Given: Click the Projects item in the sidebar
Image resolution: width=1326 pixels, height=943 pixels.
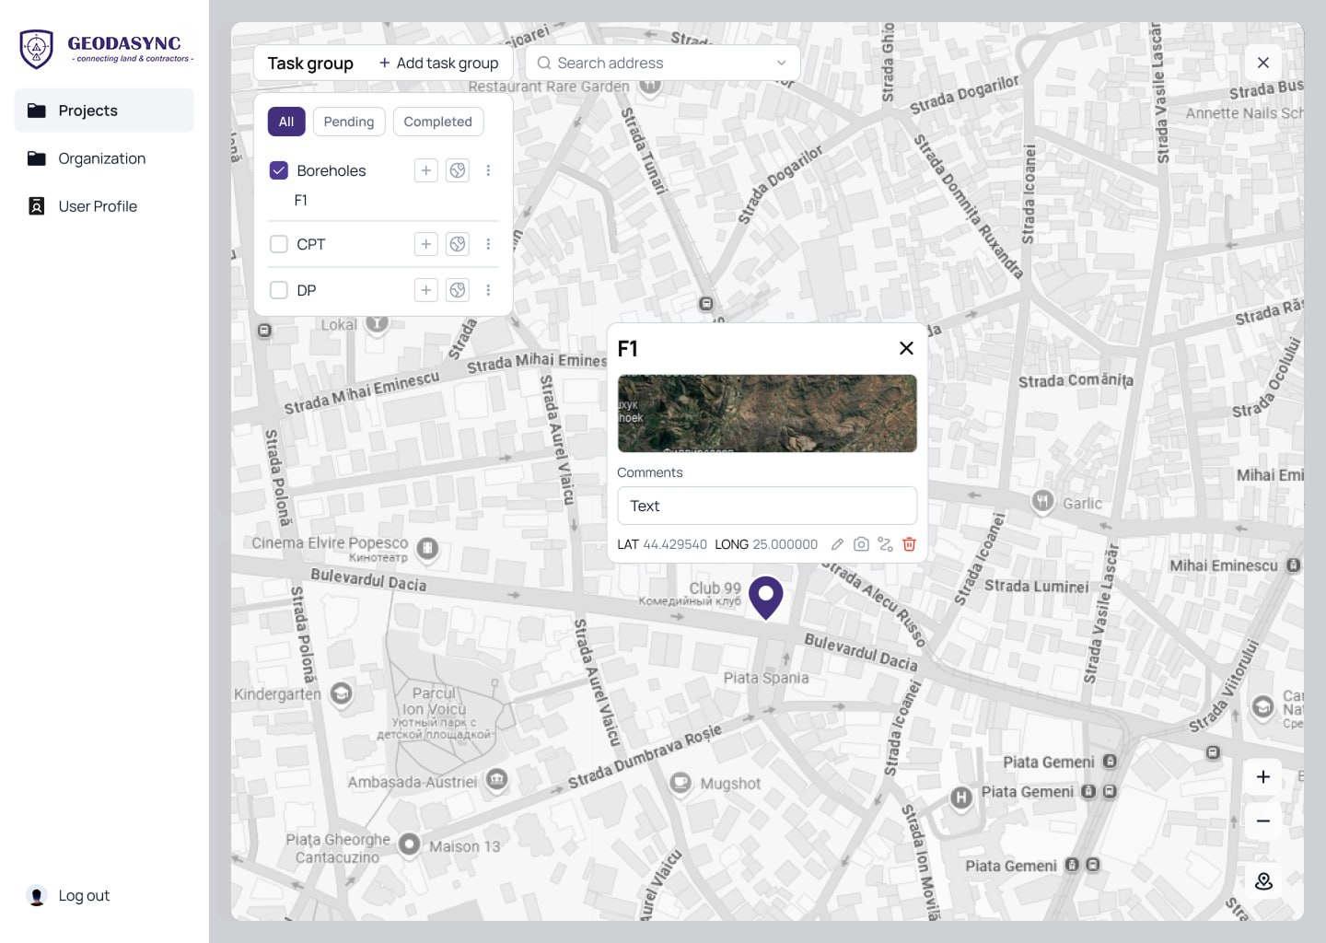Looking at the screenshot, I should [88, 111].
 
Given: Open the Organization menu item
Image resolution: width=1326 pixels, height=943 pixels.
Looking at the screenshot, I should [101, 158].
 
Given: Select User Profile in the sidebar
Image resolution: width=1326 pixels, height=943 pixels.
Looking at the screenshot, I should [97, 206].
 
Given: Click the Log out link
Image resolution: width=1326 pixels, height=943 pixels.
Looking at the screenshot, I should [83, 895].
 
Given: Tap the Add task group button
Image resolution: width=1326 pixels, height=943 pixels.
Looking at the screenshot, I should [438, 63].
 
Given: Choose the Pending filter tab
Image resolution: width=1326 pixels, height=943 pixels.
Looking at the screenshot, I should [348, 122].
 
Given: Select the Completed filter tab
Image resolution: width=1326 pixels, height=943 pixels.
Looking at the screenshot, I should [437, 122].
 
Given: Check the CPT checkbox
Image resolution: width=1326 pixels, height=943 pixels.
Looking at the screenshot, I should [279, 244].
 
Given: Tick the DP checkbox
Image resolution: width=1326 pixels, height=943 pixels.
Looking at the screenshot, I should [279, 290].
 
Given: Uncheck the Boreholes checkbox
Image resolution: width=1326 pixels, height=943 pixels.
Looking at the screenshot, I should [279, 170].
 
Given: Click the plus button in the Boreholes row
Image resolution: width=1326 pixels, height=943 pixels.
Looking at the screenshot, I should [425, 170].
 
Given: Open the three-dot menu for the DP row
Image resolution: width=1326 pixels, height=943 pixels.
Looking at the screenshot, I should [488, 290].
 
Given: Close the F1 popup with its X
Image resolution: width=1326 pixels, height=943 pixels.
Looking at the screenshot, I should [906, 348].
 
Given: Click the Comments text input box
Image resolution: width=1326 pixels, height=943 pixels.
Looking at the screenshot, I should [766, 506].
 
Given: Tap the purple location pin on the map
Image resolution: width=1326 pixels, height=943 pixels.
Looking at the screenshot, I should [765, 596].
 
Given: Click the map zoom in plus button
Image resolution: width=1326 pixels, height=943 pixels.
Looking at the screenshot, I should [1263, 776].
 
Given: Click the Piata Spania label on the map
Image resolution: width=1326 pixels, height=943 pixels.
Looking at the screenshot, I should [765, 678].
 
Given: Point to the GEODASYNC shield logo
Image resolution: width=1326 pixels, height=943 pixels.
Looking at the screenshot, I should [37, 48].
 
